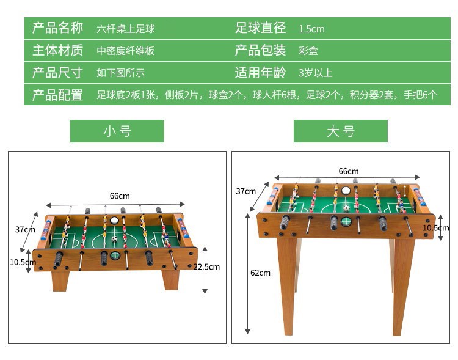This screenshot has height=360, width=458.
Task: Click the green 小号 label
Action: (117, 131)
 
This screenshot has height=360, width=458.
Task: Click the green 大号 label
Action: (340, 131)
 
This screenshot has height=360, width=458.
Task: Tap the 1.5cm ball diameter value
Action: (311, 29)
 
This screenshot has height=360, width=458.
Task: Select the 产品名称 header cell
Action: (57, 28)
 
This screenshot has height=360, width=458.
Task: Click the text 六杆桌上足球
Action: (126, 29)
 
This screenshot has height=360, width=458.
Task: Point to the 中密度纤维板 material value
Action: (126, 51)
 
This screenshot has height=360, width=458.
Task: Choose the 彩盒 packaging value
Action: (308, 51)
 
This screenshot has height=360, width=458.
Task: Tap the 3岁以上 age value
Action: (315, 73)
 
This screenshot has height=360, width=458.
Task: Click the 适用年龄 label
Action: (260, 73)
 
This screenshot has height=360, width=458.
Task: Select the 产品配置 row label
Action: (57, 95)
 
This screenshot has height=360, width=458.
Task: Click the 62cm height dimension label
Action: (260, 273)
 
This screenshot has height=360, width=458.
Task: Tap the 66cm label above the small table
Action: (120, 196)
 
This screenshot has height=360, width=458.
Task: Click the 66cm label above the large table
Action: (348, 171)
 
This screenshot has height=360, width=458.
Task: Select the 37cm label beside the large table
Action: (245, 191)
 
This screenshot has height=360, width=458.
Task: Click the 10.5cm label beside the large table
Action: (435, 227)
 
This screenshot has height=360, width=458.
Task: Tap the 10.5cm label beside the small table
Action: (23, 262)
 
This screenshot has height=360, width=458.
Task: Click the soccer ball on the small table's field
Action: (114, 238)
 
